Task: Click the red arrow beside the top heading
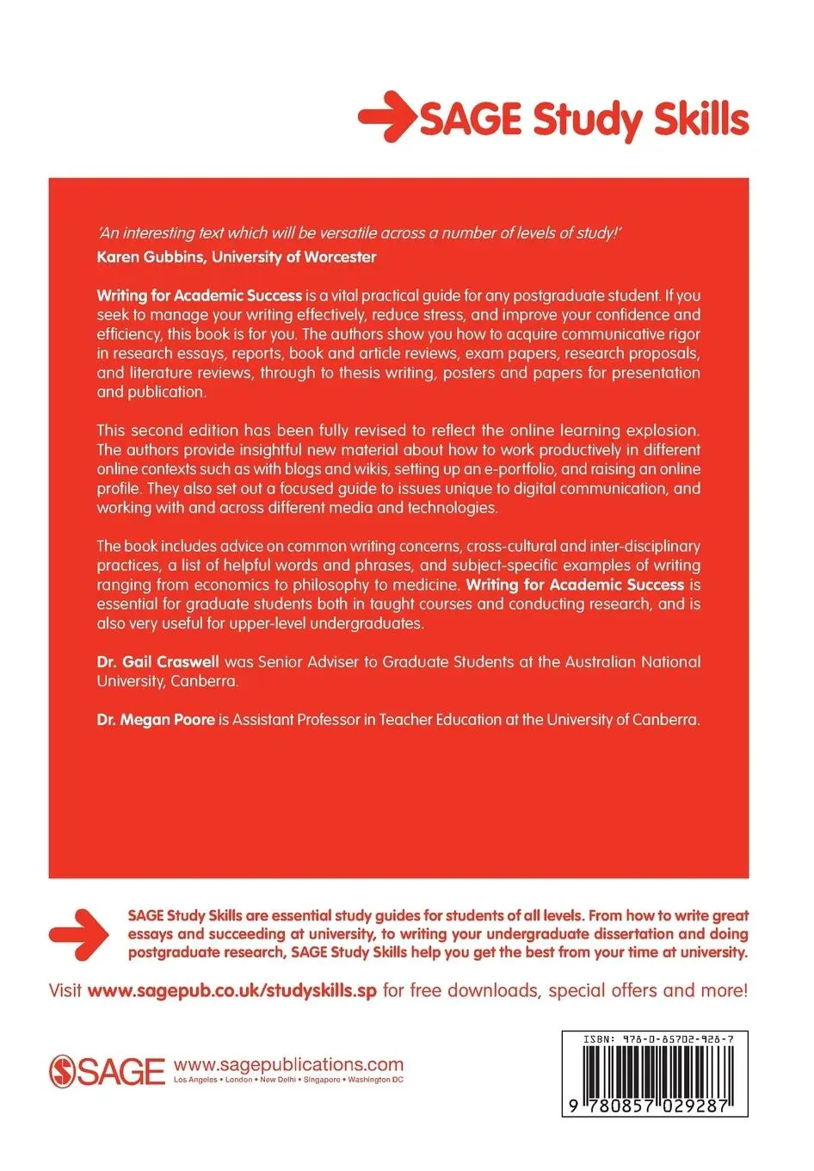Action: click(x=385, y=117)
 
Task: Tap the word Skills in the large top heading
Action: click(x=700, y=119)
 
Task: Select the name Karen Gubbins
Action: click(x=151, y=257)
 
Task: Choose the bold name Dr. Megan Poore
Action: click(x=156, y=720)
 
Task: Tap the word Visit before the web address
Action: click(x=65, y=990)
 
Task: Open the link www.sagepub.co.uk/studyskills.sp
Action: click(x=232, y=990)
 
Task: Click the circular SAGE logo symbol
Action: click(x=64, y=1070)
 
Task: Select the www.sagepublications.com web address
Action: click(x=288, y=1064)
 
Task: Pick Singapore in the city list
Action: click(x=320, y=1080)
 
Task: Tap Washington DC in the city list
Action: click(x=375, y=1080)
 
